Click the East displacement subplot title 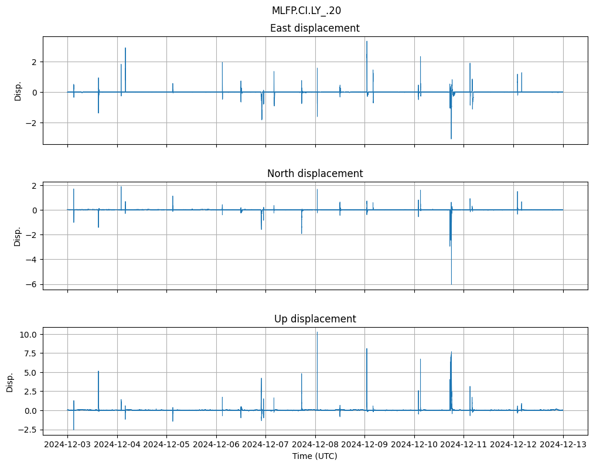315,28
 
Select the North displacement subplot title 315,174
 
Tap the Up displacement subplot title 315,319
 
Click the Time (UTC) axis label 315,455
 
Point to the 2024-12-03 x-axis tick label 67,444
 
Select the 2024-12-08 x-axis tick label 315,444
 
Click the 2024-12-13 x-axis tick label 563,444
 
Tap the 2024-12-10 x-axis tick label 414,444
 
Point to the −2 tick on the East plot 32,123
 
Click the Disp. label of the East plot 18,90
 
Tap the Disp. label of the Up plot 10,382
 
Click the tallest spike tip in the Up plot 317,332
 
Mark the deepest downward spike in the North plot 451,284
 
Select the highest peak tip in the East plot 367,41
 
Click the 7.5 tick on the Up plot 30,353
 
